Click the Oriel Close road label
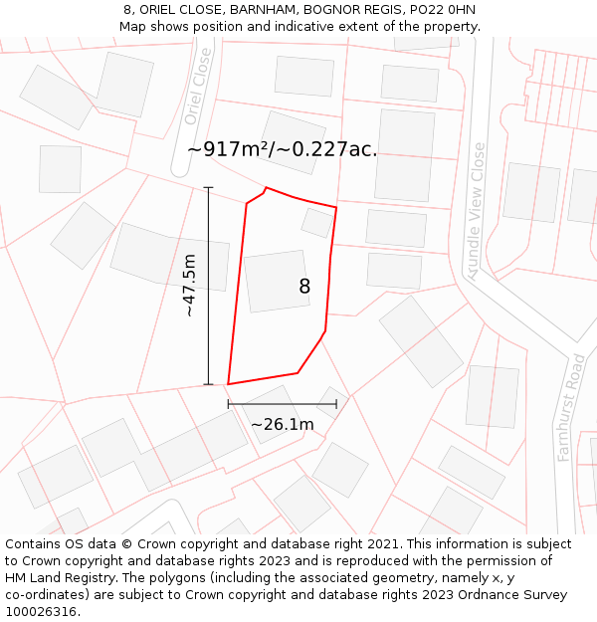(x=199, y=86)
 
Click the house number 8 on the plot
(x=304, y=287)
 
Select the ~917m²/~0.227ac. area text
(x=283, y=149)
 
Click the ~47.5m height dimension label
(x=189, y=286)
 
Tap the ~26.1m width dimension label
(x=282, y=425)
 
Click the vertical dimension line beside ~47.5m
(x=208, y=286)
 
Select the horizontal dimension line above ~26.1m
(x=282, y=404)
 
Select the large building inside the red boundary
(x=276, y=282)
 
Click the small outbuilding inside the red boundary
(x=317, y=222)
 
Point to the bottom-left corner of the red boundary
(x=229, y=384)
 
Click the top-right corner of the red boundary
(x=336, y=208)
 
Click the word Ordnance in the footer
(x=479, y=594)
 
